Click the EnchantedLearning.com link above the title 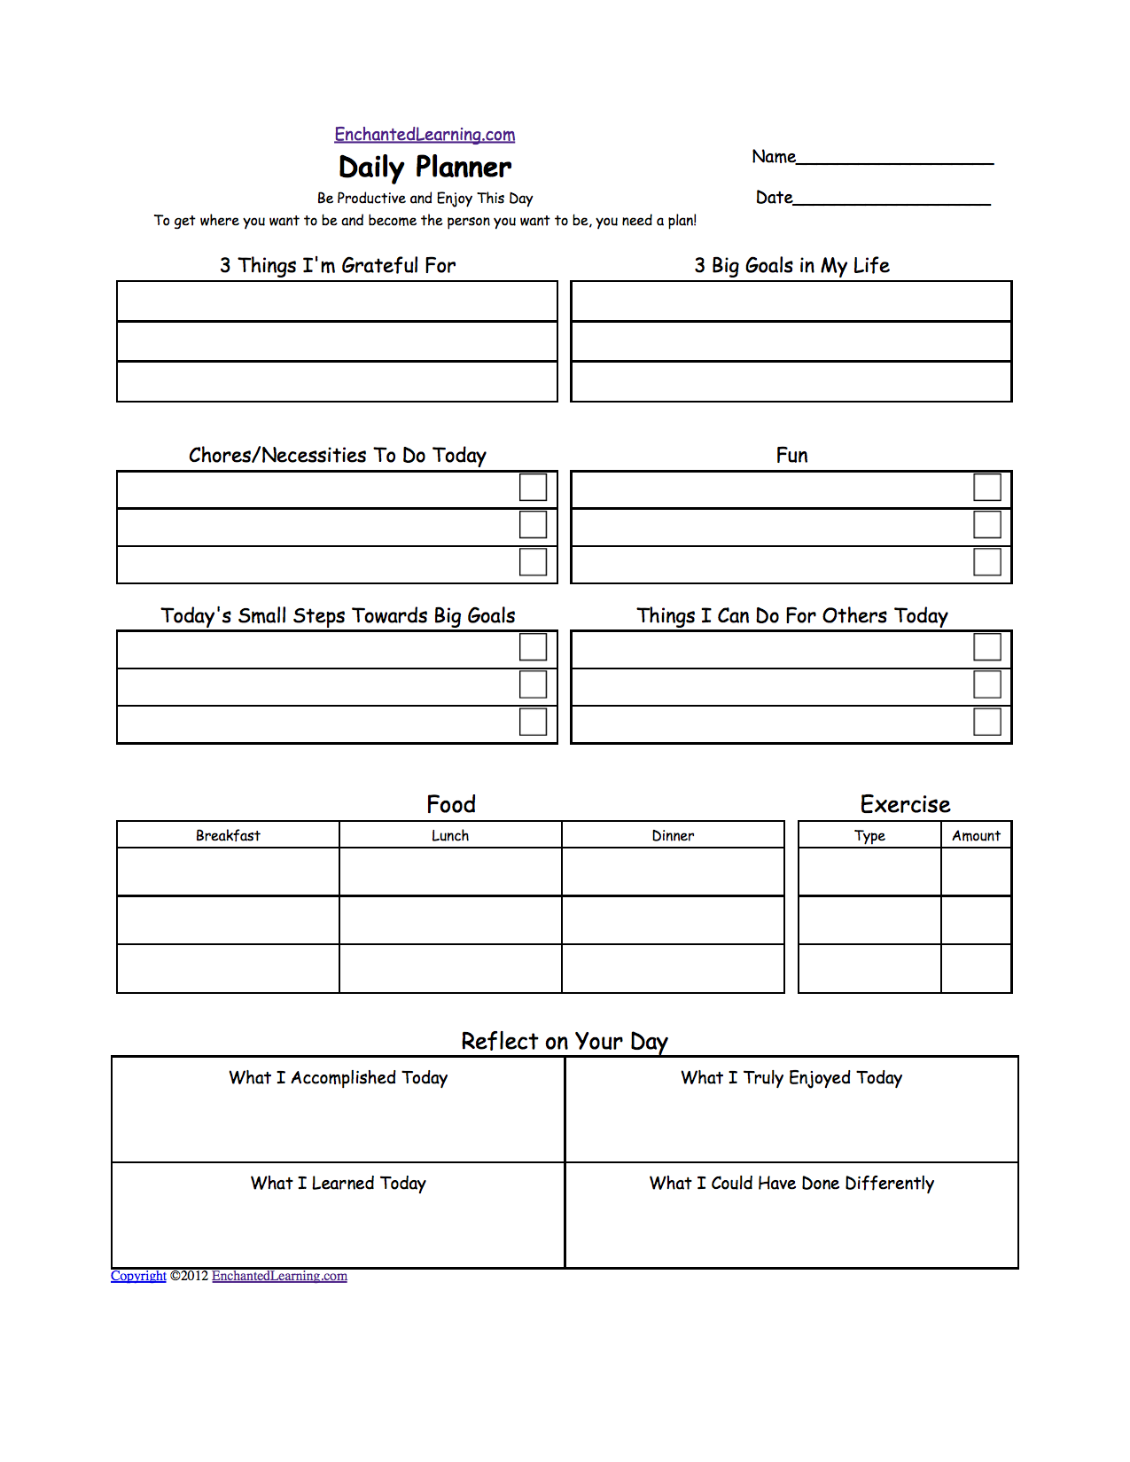[425, 135]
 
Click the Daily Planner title [425, 168]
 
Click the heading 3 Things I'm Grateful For [338, 266]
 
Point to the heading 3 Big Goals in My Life [791, 266]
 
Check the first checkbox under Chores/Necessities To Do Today [533, 488]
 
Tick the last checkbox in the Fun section [987, 562]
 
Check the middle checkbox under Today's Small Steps [533, 684]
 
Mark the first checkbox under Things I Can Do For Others [987, 647]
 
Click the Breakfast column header [228, 835]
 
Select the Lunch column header [450, 835]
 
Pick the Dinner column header [673, 835]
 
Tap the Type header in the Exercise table [869, 835]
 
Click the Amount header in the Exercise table [976, 835]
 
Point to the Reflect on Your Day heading [565, 1041]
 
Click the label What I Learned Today [338, 1184]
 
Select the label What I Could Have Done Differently [791, 1184]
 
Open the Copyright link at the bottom [138, 1276]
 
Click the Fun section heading [791, 456]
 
